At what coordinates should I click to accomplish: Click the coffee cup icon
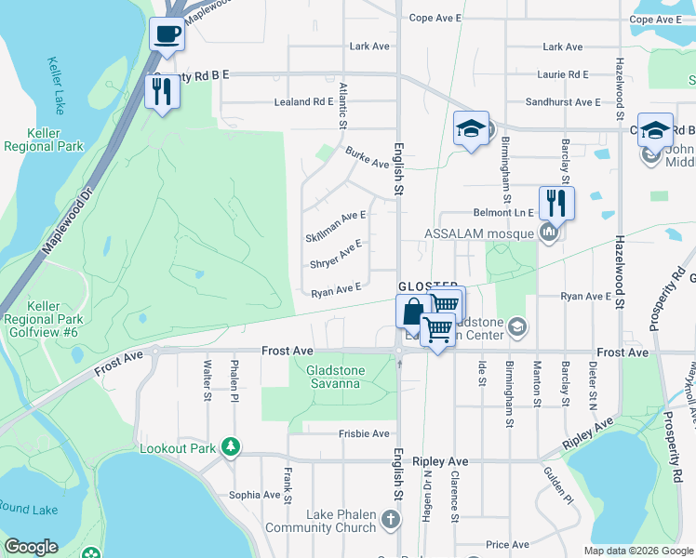click(x=167, y=34)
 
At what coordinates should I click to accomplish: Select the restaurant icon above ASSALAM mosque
click(x=556, y=202)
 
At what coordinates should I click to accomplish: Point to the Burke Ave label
click(x=367, y=156)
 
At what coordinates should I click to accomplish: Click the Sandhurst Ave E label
click(x=562, y=101)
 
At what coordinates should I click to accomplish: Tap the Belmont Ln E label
click(x=505, y=212)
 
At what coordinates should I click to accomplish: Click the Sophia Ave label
click(x=255, y=495)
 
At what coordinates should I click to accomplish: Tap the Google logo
click(x=31, y=547)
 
